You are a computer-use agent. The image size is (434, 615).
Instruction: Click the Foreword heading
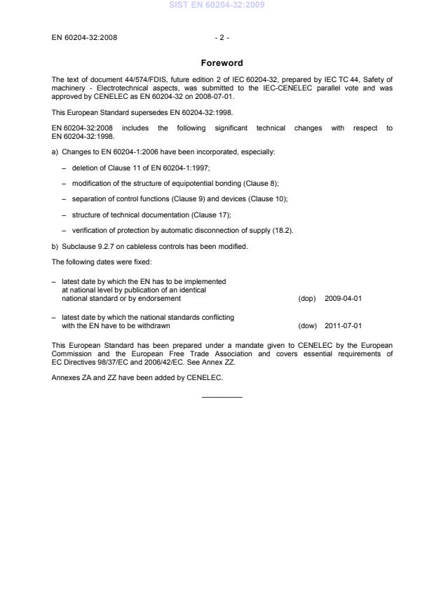coord(222,63)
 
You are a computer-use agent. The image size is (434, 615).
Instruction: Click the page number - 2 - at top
coord(222,38)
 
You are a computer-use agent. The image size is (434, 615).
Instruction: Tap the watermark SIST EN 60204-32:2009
coord(217,6)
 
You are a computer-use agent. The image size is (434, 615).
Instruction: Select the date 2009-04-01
coord(343,298)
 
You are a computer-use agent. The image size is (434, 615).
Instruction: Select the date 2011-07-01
coord(343,325)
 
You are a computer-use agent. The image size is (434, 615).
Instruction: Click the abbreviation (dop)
coord(306,298)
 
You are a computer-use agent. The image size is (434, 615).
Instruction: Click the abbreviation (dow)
coord(306,325)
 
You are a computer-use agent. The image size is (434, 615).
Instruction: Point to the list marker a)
coord(55,151)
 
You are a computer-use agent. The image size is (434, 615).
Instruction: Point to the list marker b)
coord(55,246)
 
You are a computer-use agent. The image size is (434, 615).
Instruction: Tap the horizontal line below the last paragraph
coord(222,398)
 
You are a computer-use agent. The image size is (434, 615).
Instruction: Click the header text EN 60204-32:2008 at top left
coord(84,38)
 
